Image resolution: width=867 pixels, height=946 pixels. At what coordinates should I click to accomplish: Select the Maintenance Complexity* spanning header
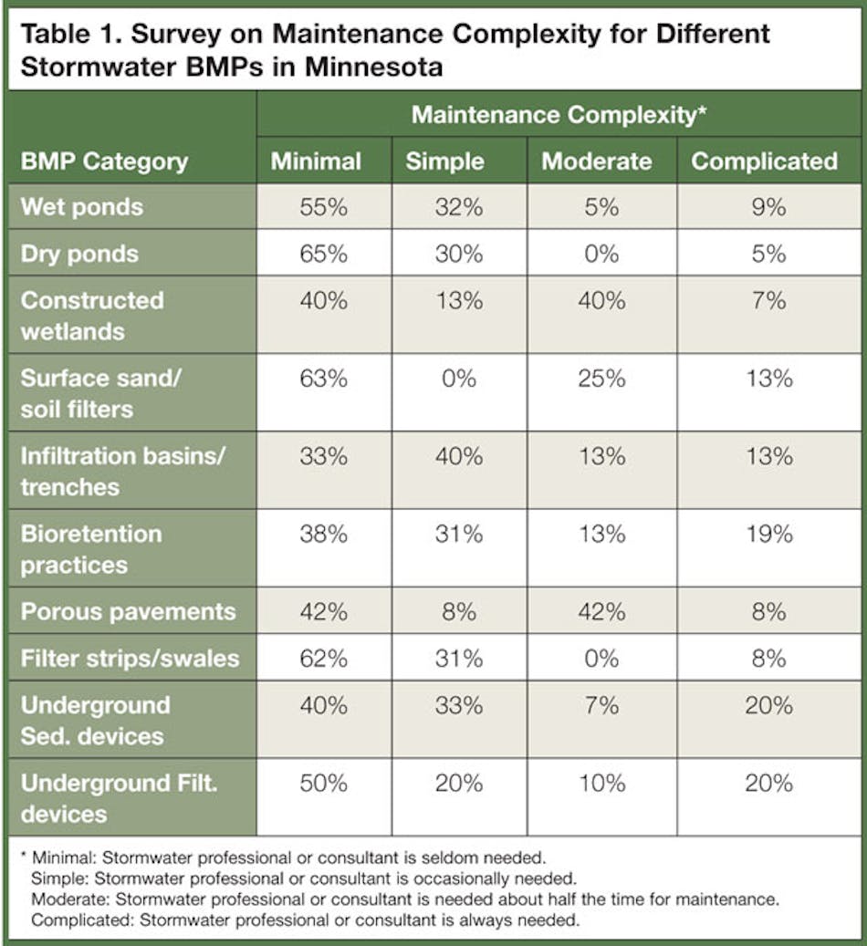pos(559,115)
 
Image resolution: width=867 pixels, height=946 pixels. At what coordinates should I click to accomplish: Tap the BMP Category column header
pos(104,161)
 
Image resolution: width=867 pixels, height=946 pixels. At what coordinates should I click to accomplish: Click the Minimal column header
pos(316,161)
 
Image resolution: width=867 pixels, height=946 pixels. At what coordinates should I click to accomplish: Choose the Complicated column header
pos(764,161)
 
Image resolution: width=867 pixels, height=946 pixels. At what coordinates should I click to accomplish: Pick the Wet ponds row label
pos(82,206)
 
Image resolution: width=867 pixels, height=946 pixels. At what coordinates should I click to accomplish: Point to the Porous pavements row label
pos(128,611)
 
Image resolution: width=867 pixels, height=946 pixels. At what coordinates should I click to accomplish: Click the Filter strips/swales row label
pos(130,658)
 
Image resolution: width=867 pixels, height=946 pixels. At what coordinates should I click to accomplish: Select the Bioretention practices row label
pos(91,549)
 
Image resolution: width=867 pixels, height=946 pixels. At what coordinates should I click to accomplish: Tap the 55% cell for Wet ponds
pos(323,207)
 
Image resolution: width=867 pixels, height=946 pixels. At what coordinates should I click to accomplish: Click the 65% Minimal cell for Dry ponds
pos(323,253)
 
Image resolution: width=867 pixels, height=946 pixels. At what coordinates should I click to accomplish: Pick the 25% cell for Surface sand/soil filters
pos(601,378)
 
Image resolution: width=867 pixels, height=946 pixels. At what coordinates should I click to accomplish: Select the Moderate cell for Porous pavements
pos(601,611)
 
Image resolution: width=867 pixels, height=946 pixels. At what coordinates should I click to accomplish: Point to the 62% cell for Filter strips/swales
pos(323,658)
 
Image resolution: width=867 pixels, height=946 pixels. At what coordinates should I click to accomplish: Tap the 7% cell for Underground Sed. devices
pos(601,705)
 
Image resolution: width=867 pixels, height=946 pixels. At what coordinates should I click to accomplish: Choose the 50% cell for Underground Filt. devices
pos(323,783)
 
